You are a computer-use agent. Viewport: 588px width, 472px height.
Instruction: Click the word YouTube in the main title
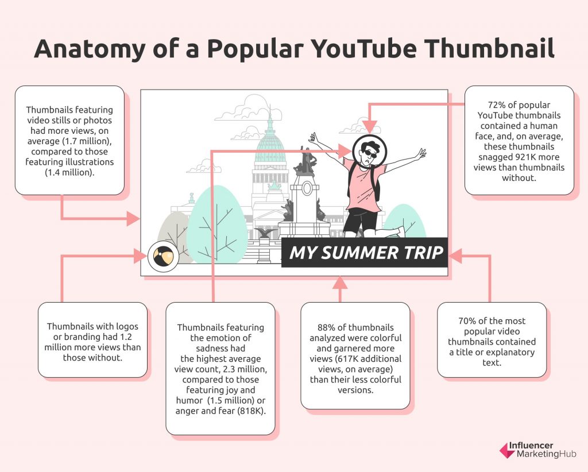(363, 49)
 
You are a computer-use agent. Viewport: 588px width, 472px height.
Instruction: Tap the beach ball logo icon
(163, 257)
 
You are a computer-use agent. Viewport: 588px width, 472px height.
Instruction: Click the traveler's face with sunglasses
(369, 152)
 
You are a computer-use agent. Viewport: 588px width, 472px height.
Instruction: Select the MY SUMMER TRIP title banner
(365, 252)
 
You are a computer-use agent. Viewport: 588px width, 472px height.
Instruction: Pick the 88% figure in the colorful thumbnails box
(327, 328)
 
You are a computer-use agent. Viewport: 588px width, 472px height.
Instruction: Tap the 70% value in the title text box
(467, 321)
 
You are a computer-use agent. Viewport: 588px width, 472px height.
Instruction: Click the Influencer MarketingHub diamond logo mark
(508, 450)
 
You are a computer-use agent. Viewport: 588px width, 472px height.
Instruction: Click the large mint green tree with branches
(216, 225)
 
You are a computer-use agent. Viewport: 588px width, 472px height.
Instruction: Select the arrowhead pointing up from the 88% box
(340, 283)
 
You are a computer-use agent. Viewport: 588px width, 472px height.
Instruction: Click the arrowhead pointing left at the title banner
(455, 256)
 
